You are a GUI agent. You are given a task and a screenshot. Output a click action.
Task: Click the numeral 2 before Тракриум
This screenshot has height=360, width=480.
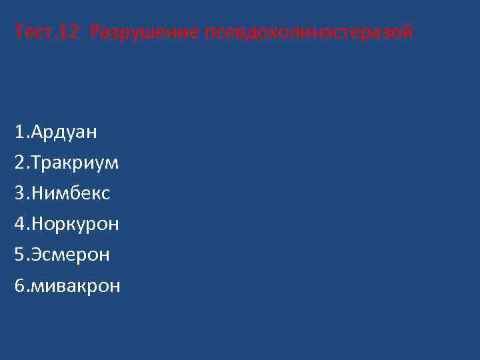pos(19,163)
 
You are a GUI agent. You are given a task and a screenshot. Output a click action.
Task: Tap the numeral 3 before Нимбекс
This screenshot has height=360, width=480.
pos(19,193)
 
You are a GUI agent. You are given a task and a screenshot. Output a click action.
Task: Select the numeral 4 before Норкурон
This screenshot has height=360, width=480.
pos(19,224)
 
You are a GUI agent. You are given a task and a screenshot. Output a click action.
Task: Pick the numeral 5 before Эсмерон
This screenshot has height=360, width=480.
pos(19,255)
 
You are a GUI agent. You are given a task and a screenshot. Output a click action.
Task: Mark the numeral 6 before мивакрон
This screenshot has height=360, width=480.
pos(19,286)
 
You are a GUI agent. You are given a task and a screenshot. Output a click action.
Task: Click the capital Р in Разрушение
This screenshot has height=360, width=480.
pos(95,31)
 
